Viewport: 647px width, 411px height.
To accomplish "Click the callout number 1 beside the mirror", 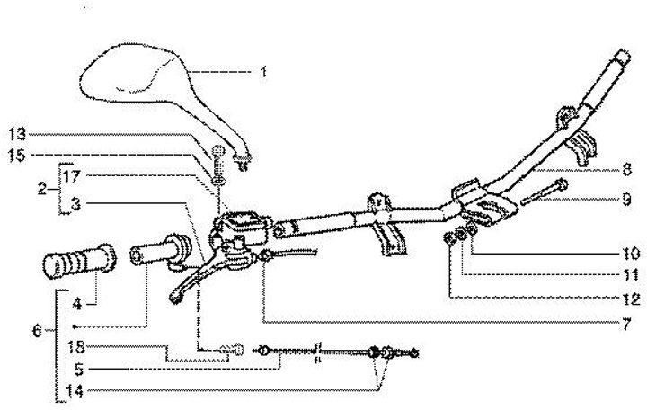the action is [262, 71].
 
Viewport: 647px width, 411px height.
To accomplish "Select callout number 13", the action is [17, 133].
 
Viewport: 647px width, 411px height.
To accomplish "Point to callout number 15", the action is [17, 155].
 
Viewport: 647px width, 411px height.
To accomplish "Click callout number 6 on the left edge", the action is [37, 330].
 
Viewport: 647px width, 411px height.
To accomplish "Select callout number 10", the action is [625, 254].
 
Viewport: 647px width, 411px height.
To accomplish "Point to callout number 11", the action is [625, 274].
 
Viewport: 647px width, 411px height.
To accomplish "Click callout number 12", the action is [625, 298].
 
